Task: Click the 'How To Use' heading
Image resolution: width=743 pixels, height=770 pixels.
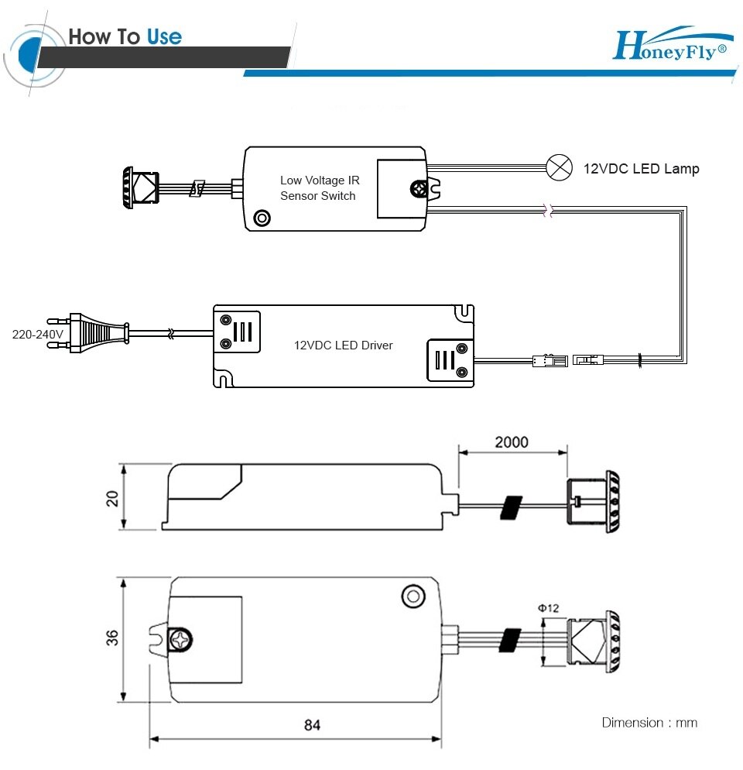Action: pos(125,36)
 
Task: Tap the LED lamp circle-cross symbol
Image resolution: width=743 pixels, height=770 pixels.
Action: pos(558,167)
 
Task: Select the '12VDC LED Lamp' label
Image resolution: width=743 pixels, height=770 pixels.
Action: pos(641,168)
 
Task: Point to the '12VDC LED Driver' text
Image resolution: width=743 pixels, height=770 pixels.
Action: pos(343,345)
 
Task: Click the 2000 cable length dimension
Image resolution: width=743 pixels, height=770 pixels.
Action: pos(512,442)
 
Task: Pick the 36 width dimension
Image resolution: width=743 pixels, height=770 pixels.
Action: pos(113,638)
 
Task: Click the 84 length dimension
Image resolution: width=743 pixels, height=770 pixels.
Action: pos(312,725)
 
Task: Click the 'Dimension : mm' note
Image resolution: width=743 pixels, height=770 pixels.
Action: pos(649,723)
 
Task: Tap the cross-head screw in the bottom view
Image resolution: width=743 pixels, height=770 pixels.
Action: pos(180,640)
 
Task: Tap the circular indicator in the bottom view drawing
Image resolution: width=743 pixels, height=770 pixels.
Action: pos(413,596)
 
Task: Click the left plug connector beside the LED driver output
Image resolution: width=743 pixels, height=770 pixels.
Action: pos(543,360)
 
